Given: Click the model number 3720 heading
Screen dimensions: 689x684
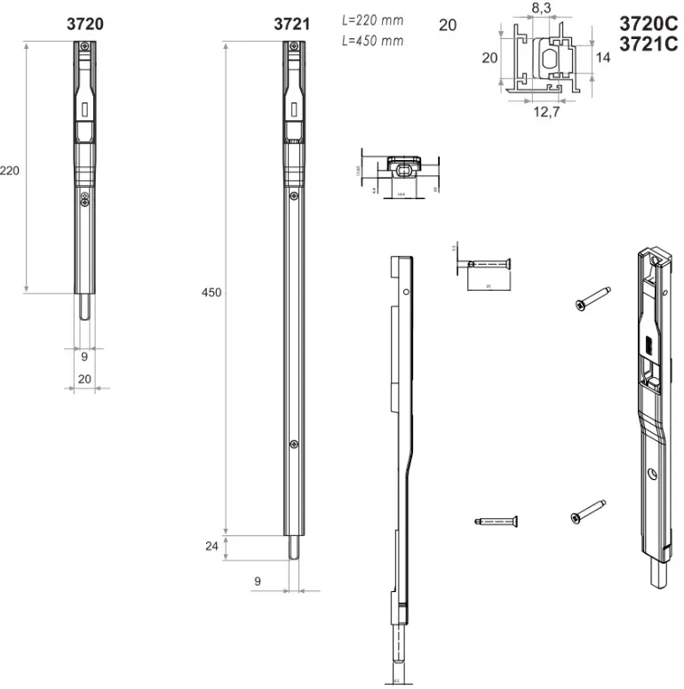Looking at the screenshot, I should point(85,24).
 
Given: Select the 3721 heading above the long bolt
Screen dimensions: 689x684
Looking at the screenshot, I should point(291,24).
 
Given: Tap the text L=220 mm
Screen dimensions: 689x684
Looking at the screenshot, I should point(371,20).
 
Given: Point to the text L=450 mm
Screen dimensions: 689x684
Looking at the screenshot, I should point(371,41).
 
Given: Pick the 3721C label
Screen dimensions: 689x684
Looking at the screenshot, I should point(648,45).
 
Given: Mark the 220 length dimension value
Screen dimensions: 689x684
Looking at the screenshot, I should point(10,170).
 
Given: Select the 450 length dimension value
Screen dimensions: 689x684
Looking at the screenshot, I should point(211,292).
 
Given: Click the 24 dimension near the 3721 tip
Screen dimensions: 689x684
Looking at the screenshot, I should point(211,547).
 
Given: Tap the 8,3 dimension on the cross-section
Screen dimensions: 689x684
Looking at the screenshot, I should point(540,8).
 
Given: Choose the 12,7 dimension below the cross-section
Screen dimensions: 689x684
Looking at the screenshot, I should point(545,112).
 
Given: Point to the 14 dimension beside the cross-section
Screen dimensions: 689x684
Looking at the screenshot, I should point(603,57).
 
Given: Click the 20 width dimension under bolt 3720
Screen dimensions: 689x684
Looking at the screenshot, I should point(85,379).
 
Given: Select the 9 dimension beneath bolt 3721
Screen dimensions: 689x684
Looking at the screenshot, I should point(257,581).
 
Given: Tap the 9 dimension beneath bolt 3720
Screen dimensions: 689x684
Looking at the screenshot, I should point(84,357).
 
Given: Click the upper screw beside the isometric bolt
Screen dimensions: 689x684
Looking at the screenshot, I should point(592,297).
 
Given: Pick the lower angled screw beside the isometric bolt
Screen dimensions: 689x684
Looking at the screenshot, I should point(588,511).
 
